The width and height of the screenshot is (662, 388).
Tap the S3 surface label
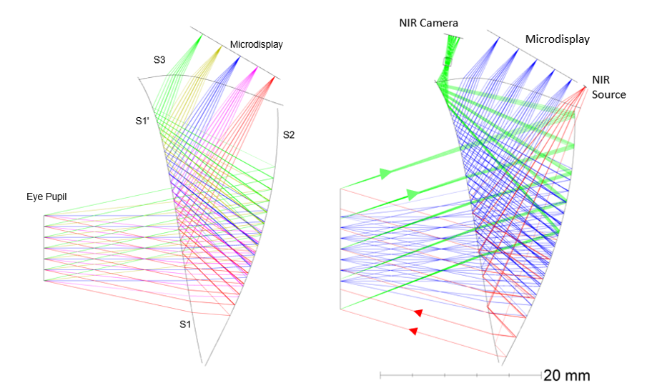pyautogui.click(x=159, y=60)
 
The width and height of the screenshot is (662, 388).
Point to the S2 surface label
pyautogui.click(x=289, y=134)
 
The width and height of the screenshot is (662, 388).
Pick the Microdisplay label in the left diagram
pyautogui.click(x=256, y=44)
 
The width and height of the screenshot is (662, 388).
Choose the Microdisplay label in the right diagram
pyautogui.click(x=558, y=39)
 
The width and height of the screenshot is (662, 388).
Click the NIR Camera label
pyautogui.click(x=428, y=24)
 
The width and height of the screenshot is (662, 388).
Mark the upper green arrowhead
pyautogui.click(x=386, y=173)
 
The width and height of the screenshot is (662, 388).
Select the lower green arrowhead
pyautogui.click(x=412, y=194)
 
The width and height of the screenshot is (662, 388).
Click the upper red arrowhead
pyautogui.click(x=418, y=312)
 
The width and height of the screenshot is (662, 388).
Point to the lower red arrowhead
pyautogui.click(x=412, y=330)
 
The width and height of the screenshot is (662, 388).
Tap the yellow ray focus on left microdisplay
pyautogui.click(x=219, y=46)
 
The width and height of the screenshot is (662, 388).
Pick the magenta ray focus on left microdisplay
pyautogui.click(x=256, y=69)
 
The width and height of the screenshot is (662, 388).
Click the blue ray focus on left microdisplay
pyautogui.click(x=237, y=57)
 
